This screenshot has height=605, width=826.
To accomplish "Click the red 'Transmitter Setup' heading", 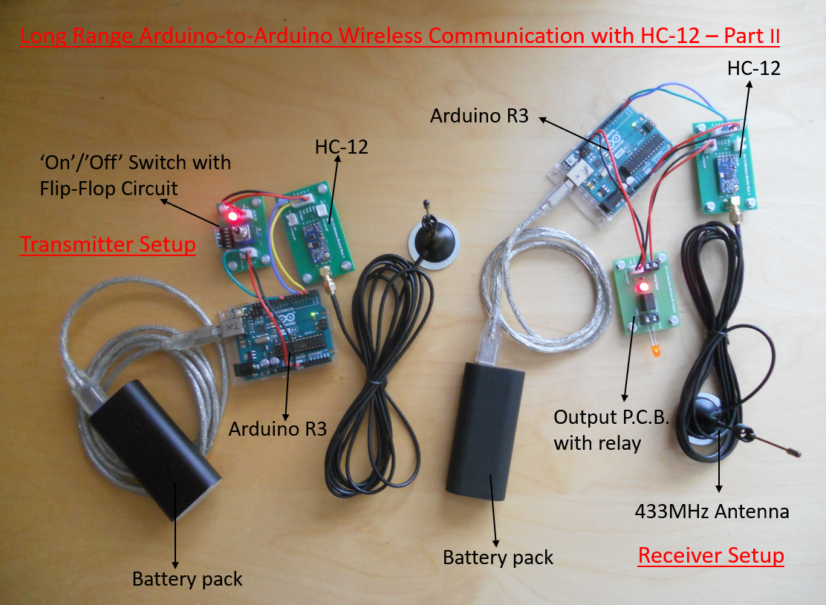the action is coord(108,244).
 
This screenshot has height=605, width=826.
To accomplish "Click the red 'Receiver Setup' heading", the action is coord(711,555).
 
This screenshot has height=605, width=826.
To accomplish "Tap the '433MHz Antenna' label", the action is coord(712,511).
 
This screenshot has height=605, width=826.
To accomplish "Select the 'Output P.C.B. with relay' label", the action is coord(611,430).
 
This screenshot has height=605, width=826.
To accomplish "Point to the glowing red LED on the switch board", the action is coord(232,216).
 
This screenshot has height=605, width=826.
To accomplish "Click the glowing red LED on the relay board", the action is coord(643,287).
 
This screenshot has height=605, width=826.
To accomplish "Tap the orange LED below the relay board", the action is coord(655,349).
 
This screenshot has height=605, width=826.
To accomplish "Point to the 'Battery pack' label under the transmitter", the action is coord(187,579).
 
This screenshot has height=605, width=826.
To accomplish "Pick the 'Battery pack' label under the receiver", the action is coord(498,557).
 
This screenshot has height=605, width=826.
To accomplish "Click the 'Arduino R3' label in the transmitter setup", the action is coord(278,429).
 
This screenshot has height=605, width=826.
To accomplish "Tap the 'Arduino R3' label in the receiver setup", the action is coord(479,116).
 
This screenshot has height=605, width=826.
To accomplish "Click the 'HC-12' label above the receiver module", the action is coord(754,68).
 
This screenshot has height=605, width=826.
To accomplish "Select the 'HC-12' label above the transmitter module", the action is coord(342,147).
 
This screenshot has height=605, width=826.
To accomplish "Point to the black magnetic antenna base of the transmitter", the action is coord(434,241).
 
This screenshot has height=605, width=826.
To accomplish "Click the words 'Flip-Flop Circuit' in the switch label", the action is coord(108,189).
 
